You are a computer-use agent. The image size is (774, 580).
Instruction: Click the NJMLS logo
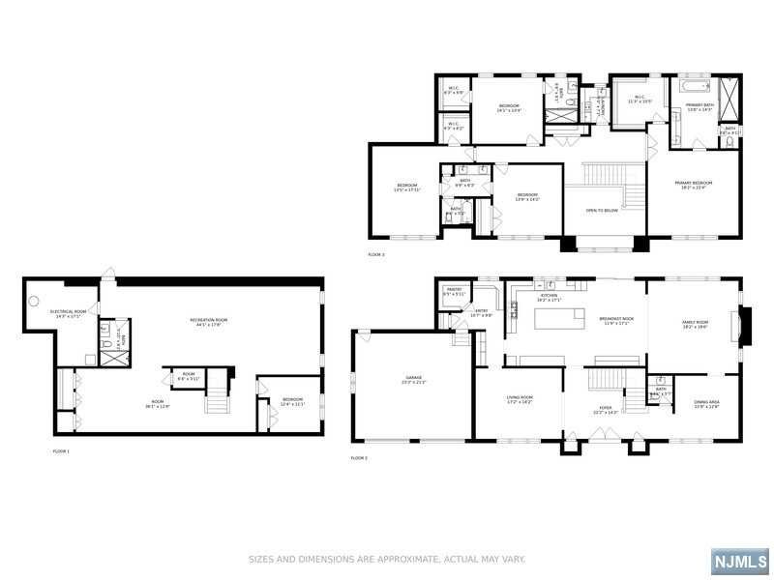click(740, 561)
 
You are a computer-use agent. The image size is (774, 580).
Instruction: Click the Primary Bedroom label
click(694, 186)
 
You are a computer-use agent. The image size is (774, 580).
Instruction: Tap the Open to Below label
click(604, 210)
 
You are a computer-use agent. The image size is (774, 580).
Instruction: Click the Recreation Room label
click(208, 322)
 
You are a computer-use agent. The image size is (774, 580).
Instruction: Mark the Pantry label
click(453, 291)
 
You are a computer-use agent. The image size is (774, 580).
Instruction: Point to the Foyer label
click(606, 410)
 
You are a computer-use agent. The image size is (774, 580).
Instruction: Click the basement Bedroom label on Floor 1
click(293, 401)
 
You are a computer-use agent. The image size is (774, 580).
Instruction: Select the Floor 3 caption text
click(376, 254)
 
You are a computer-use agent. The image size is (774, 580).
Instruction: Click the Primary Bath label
click(699, 106)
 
